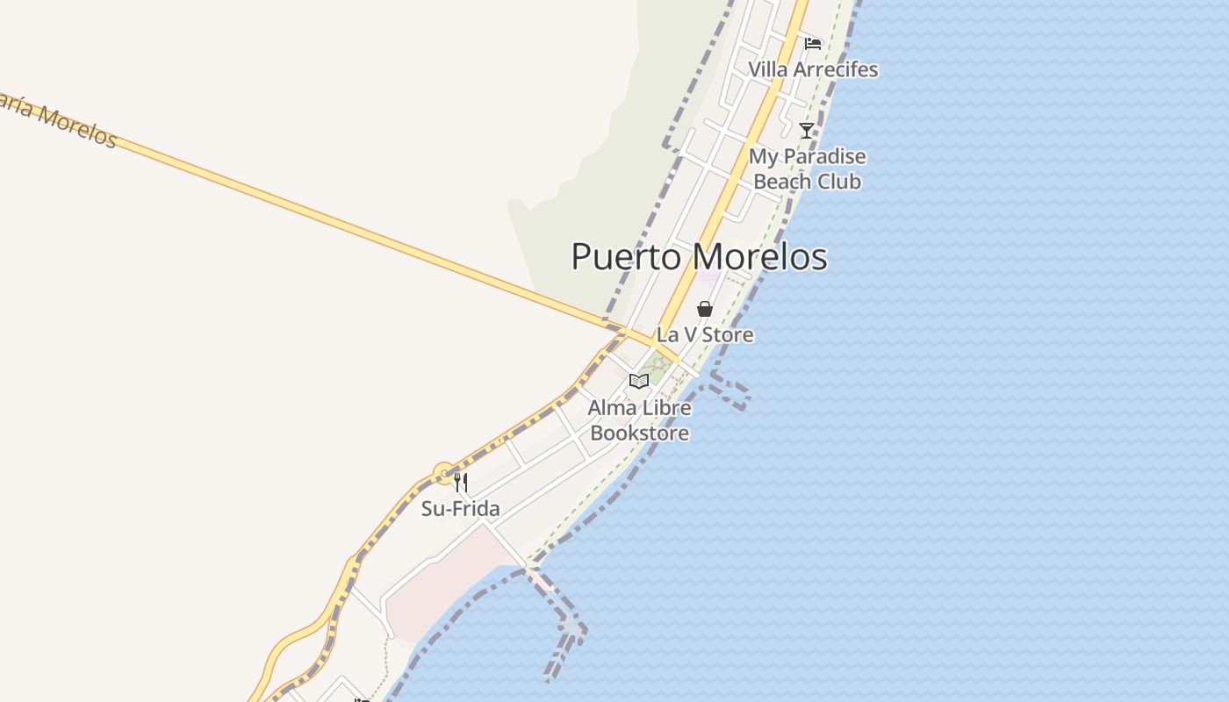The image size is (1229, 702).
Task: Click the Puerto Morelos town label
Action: [x=699, y=257]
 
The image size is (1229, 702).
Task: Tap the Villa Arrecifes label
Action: [x=812, y=69]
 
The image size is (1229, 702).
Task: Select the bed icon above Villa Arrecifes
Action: [x=813, y=44]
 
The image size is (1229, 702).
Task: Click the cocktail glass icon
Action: [x=807, y=131]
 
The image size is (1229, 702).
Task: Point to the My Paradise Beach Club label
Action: [x=807, y=169]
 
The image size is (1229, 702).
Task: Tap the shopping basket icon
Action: [x=704, y=309]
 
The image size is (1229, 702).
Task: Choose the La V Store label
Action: [x=704, y=334]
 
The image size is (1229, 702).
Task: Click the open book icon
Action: [x=639, y=382]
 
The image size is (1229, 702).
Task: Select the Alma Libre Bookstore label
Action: [x=639, y=420]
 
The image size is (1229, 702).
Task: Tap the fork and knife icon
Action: [x=460, y=483]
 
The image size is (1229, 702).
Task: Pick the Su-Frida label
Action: [x=460, y=509]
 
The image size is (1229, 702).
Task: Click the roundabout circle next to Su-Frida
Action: [x=444, y=474]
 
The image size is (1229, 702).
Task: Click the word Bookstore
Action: [x=639, y=433]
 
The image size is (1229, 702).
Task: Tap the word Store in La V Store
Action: [x=727, y=334]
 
